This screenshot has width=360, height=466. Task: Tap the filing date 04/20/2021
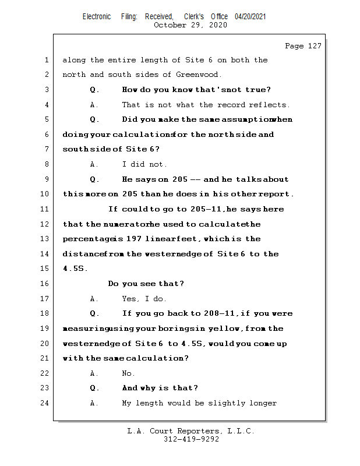click(x=250, y=16)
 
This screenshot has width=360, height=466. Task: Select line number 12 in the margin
click(x=47, y=224)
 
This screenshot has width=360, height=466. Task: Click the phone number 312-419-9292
click(x=191, y=440)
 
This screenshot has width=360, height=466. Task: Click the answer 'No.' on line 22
click(x=128, y=373)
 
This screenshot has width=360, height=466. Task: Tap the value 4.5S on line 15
click(x=72, y=269)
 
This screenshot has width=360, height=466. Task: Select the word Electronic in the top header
click(x=97, y=16)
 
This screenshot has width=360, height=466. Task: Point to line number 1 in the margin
click(x=47, y=60)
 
